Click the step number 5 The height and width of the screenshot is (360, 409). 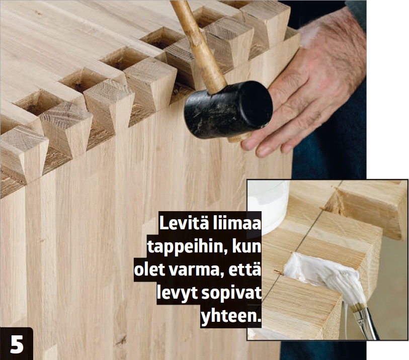pyautogui.click(x=17, y=344)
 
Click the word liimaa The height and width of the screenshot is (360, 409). pyautogui.click(x=236, y=224)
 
